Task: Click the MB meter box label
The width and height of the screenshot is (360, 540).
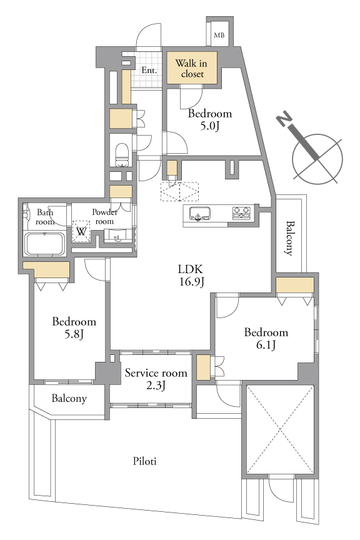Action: (219, 35)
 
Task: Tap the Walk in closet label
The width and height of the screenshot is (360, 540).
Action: (191, 68)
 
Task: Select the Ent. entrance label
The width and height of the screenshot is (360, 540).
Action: (149, 70)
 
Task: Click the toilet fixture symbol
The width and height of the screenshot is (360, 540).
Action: (121, 155)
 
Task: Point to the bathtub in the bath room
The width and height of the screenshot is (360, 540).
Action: (44, 244)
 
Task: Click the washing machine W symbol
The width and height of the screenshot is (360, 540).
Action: (81, 231)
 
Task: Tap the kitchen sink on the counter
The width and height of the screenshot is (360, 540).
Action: (200, 214)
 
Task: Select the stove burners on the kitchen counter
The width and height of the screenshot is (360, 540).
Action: (241, 212)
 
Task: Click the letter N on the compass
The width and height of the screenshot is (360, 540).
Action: (284, 119)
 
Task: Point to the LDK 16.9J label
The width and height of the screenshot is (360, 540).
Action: (191, 275)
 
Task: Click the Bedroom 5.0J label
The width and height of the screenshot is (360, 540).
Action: (210, 119)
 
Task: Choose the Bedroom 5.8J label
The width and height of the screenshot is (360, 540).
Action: (74, 327)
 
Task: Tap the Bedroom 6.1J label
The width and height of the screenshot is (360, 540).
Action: (266, 338)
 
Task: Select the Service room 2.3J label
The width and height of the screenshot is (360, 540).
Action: (156, 379)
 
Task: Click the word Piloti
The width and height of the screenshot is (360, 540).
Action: (145, 461)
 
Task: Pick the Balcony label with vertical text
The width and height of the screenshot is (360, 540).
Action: (290, 238)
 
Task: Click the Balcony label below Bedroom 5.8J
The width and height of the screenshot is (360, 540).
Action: (69, 399)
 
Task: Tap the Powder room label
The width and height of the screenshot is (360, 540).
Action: (104, 217)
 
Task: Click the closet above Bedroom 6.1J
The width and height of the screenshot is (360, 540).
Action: (295, 285)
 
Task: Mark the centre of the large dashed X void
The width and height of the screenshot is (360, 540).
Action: (281, 430)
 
